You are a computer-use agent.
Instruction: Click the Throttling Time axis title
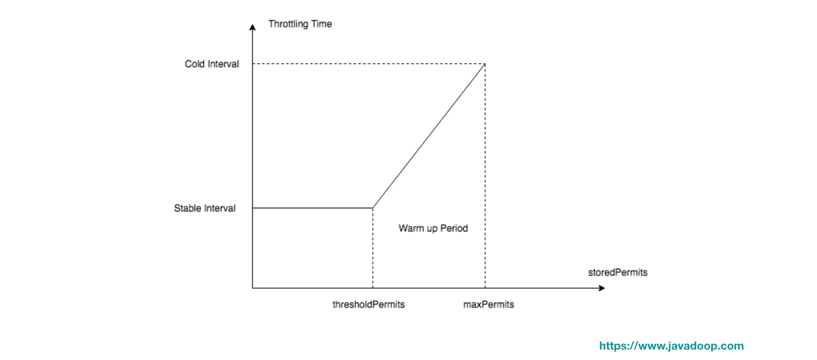tap(300, 24)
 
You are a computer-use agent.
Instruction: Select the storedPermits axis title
tap(618, 273)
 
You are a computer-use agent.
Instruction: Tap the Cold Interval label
tap(212, 64)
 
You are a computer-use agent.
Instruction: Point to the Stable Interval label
tap(205, 208)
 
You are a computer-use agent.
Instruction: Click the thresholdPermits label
tap(369, 304)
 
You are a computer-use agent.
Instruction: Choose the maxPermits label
tap(488, 304)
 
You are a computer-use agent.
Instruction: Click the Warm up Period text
tap(433, 229)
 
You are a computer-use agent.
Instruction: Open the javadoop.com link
tap(671, 346)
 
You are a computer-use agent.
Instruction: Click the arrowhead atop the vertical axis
tap(252, 27)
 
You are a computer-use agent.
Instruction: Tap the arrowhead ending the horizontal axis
tap(602, 288)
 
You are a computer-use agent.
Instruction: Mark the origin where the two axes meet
tap(252, 288)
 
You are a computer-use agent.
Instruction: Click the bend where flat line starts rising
tap(373, 208)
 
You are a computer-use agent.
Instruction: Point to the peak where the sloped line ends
tap(485, 64)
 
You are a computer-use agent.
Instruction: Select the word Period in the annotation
tap(454, 229)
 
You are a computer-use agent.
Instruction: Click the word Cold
tap(195, 64)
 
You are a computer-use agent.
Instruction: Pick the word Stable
tap(187, 208)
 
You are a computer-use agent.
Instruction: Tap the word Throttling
tap(288, 24)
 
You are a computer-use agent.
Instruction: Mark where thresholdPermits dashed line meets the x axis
tap(373, 288)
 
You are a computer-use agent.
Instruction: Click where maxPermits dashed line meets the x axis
tap(485, 288)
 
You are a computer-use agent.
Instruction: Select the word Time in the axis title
tap(322, 24)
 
